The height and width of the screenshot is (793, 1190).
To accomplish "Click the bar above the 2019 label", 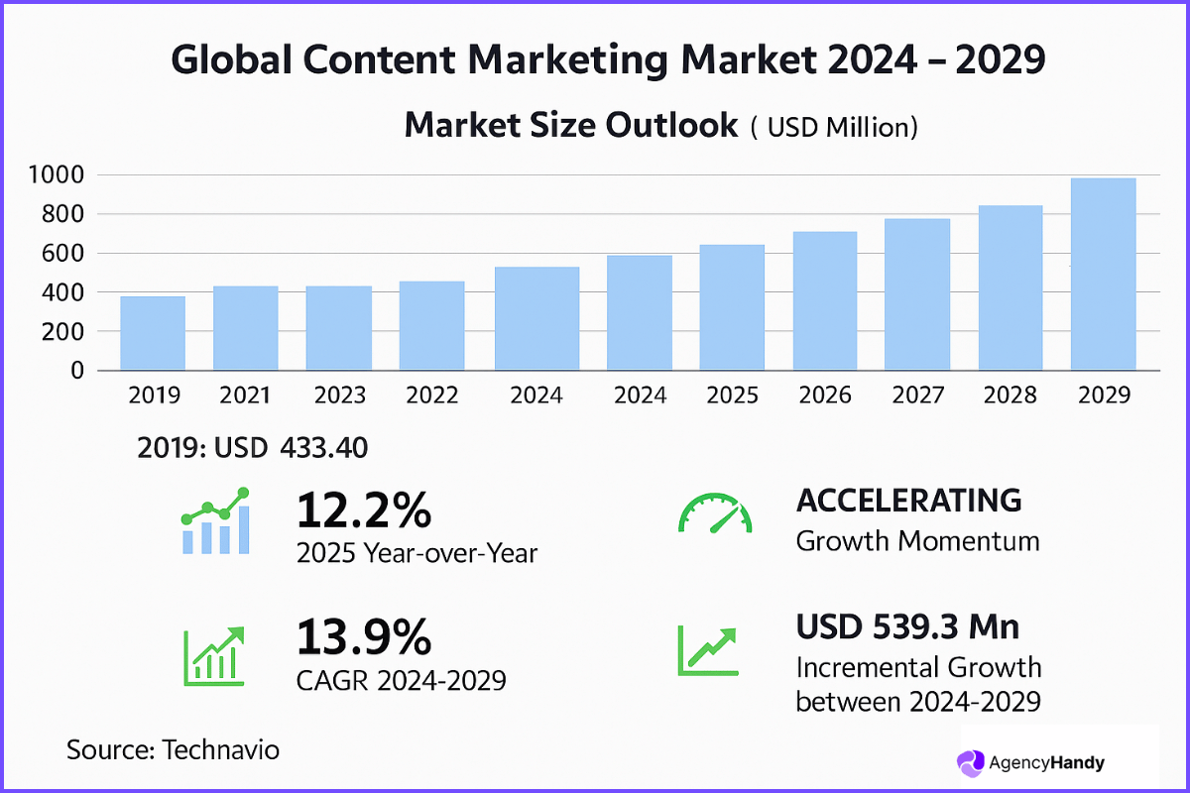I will [153, 333].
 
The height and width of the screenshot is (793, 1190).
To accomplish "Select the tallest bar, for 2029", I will [1103, 275].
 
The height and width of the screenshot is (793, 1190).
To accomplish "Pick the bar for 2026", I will [824, 301].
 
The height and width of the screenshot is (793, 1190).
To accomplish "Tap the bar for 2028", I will [1011, 288].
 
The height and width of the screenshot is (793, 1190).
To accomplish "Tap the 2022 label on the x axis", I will [432, 396].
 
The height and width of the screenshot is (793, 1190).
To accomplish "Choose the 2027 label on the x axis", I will [917, 396].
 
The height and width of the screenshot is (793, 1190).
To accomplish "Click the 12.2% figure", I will [364, 511].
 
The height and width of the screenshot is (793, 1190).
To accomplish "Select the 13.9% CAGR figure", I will [364, 637].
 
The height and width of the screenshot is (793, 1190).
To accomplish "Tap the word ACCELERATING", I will [908, 501].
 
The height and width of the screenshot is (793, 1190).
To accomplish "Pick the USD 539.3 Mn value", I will [908, 626].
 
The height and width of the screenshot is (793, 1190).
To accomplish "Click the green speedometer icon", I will [714, 512].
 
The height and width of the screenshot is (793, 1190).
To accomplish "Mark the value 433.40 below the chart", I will [324, 448].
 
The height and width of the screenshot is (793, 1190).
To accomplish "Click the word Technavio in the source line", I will [220, 749].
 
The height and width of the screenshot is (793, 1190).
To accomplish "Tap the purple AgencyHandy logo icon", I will [970, 762].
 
